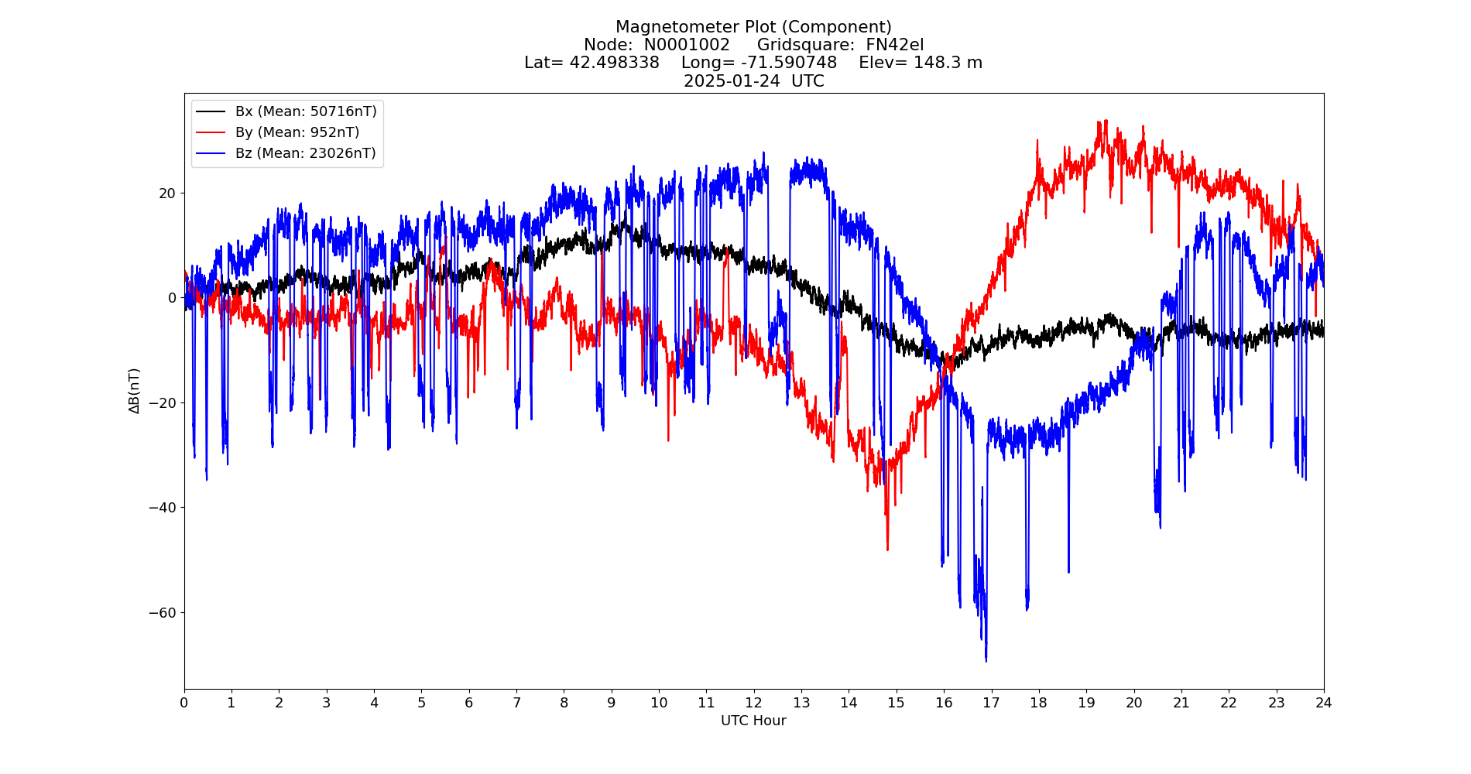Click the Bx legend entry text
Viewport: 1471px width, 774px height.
306,111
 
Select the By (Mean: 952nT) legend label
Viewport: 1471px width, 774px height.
297,132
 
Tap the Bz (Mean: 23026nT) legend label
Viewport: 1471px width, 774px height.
306,153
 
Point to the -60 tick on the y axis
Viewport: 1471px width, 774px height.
163,613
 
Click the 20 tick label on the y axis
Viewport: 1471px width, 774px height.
167,193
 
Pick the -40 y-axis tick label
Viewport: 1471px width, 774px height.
163,508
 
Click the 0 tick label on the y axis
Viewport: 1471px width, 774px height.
172,298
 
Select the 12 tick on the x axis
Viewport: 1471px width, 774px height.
753,703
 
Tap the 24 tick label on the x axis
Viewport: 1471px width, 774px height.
1323,703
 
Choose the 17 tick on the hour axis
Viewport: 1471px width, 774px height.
991,703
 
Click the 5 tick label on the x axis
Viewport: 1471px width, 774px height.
421,703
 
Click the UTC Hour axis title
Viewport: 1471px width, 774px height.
753,721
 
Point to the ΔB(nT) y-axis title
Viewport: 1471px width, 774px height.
134,391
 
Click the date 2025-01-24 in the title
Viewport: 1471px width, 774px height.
732,81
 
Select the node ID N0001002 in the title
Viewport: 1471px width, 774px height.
687,45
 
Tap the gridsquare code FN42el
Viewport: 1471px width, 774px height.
894,45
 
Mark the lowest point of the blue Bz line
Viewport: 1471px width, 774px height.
986,660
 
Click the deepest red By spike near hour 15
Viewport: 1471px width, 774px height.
887,550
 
